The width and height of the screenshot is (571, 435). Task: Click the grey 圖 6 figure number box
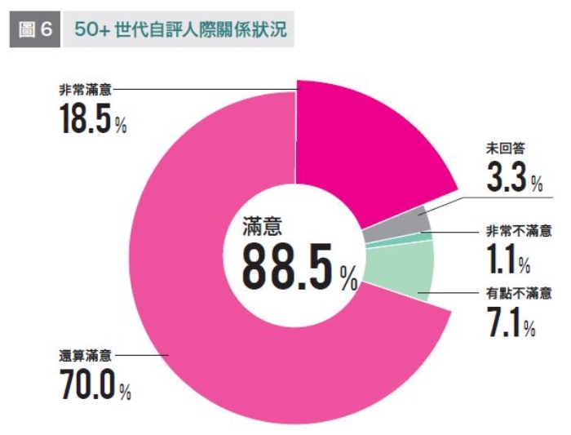pyautogui.click(x=35, y=29)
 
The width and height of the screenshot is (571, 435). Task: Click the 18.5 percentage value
pyautogui.click(x=85, y=120)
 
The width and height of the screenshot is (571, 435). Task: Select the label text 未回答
pyautogui.click(x=505, y=149)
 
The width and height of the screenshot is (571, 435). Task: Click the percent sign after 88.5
pyautogui.click(x=349, y=282)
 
